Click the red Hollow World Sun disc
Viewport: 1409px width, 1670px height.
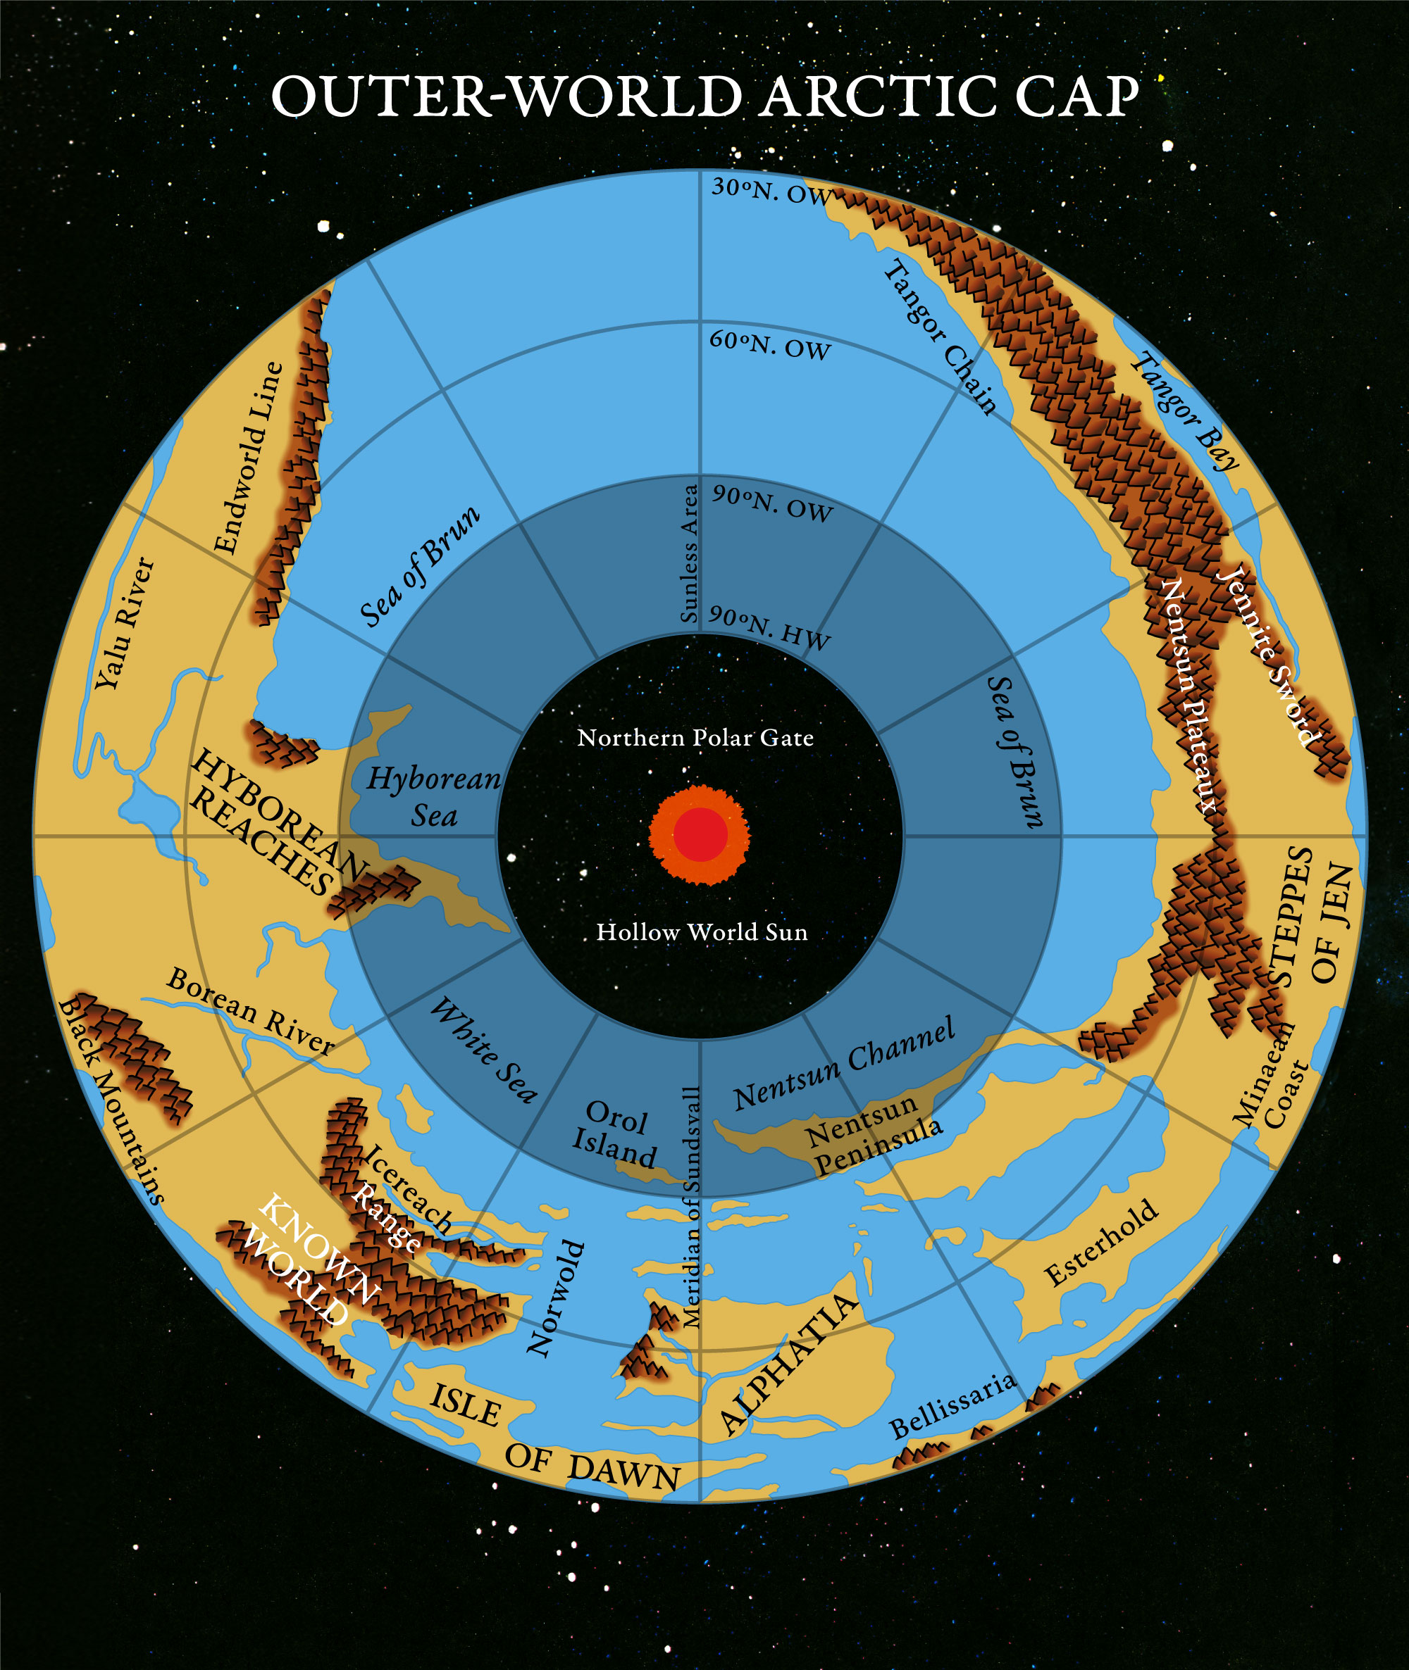click(700, 835)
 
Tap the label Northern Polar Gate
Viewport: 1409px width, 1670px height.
click(696, 738)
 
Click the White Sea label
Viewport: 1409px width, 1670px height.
click(483, 1050)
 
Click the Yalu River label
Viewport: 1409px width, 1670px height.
click(124, 624)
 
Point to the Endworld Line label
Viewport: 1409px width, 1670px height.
click(249, 458)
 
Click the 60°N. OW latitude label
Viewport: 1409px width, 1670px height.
click(770, 345)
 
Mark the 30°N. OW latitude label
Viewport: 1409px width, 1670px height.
click(771, 191)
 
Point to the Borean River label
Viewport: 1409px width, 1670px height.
click(250, 1010)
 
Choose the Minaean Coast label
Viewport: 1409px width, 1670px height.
click(1271, 1086)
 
